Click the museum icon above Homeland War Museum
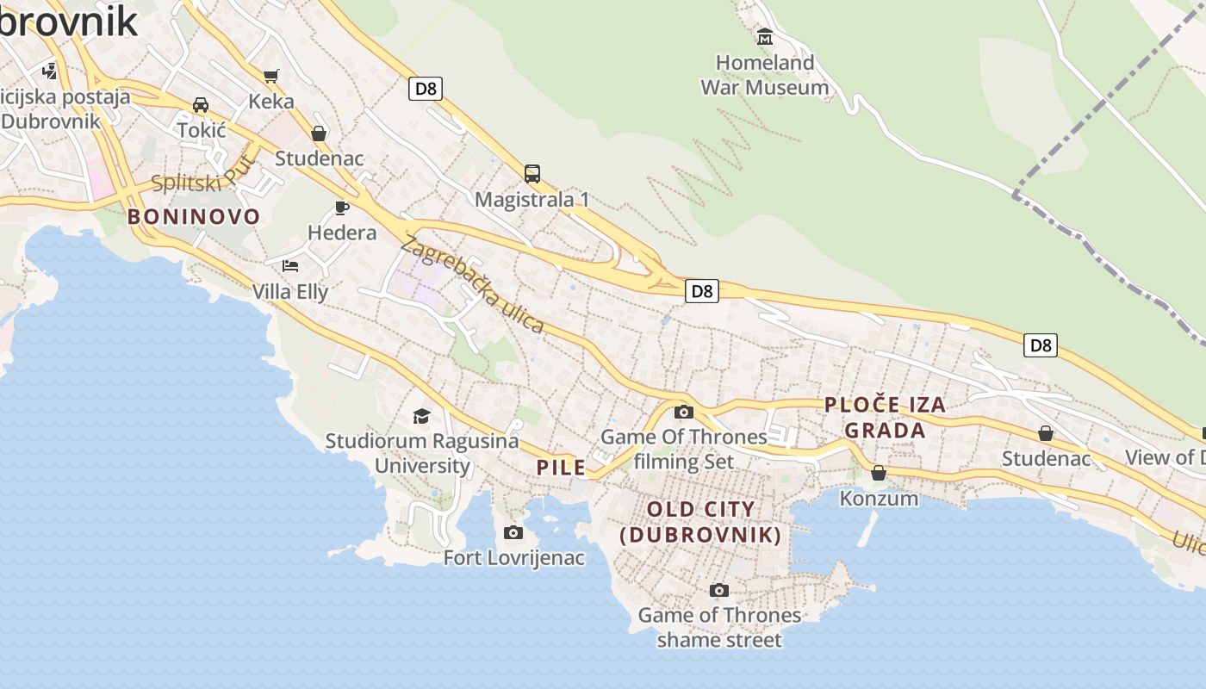pos(764,37)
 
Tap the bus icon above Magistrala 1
pos(532,174)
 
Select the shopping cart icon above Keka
pos(270,77)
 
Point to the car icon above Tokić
pos(201,105)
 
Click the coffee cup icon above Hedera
pos(341,208)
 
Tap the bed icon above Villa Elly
pos(290,265)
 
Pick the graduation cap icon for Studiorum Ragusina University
pos(421,416)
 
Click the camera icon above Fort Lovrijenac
pos(513,532)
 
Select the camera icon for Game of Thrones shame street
pos(719,590)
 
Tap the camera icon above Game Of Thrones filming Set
pos(684,412)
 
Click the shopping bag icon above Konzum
pos(879,473)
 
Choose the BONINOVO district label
pos(194,216)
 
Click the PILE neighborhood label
pos(562,468)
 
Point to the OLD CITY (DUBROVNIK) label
pos(700,522)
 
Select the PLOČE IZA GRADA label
pos(885,417)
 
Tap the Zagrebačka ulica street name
pos(473,285)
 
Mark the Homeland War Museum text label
pos(765,75)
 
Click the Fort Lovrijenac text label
pos(514,558)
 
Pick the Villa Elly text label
pos(290,292)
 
